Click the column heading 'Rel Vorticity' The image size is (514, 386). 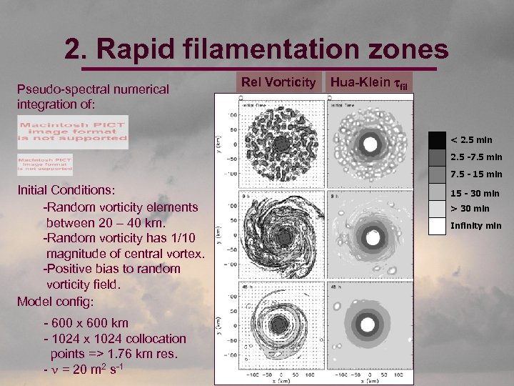click(x=278, y=83)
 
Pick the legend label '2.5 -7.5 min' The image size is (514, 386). click(x=476, y=157)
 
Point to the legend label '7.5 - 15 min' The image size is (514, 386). click(x=476, y=174)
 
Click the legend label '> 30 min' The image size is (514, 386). click(x=469, y=209)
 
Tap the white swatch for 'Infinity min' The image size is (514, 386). click(x=437, y=226)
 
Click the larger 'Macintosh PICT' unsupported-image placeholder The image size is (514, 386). click(x=73, y=132)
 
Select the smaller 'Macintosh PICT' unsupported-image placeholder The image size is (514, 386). click(x=46, y=164)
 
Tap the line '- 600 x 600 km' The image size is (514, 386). click(x=86, y=323)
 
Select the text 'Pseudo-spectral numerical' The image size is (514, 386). click(x=93, y=89)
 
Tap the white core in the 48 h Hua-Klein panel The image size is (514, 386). click(x=370, y=326)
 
